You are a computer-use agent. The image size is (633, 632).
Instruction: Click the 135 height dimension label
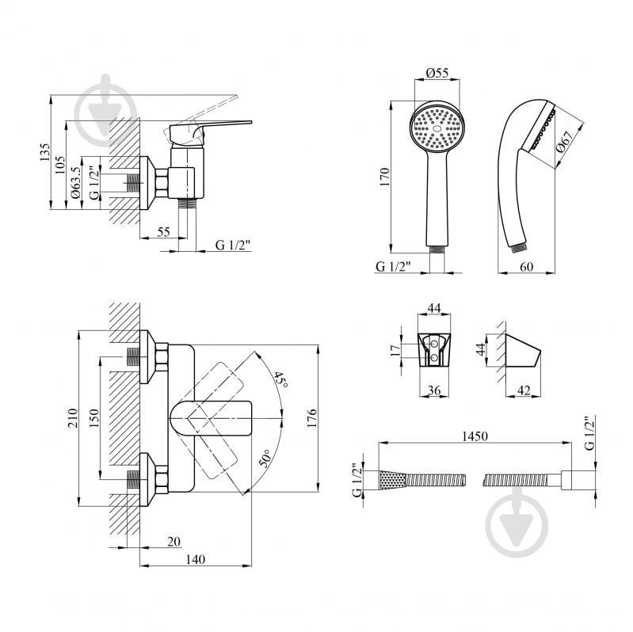tap(45, 152)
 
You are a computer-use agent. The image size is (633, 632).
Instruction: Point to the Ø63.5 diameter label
tap(76, 183)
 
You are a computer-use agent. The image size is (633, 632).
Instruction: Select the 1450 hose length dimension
tap(475, 436)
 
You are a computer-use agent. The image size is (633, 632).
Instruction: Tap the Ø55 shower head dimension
tap(437, 73)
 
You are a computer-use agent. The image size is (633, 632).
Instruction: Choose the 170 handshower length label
tap(385, 177)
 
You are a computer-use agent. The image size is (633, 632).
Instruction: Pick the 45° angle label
tap(281, 380)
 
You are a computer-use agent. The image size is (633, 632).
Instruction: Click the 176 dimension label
tap(311, 418)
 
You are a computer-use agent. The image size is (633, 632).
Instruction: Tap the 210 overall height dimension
tap(72, 418)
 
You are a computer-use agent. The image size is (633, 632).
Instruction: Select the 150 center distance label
tap(93, 418)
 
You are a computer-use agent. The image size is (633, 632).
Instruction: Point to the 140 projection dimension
tap(196, 559)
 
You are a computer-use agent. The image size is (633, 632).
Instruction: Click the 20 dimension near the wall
tap(174, 541)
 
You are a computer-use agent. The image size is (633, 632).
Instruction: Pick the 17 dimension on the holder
tap(395, 349)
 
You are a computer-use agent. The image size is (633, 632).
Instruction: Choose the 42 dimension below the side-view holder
tap(524, 390)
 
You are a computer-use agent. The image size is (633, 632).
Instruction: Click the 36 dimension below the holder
tap(434, 390)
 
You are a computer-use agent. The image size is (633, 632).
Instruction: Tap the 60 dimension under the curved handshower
tap(526, 267)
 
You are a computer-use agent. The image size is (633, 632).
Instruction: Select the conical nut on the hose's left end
tap(391, 480)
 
